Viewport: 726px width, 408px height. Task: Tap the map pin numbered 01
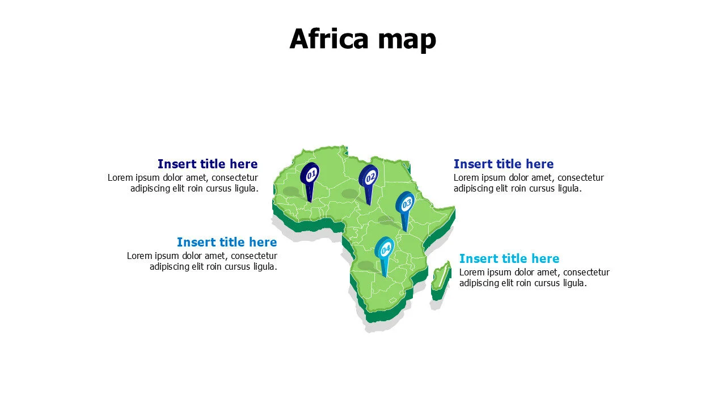tap(310, 175)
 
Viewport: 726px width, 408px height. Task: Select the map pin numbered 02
tap(369, 177)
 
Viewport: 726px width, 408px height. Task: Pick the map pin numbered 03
tap(406, 203)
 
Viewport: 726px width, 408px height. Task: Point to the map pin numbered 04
tap(386, 249)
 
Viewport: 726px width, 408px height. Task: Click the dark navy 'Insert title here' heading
tap(208, 164)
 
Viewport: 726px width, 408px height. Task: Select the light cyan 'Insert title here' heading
tap(509, 259)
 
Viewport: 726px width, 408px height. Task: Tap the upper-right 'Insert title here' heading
tap(503, 164)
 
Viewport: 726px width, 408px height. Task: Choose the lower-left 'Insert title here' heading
tap(227, 243)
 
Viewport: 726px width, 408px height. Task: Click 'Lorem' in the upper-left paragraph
tap(120, 178)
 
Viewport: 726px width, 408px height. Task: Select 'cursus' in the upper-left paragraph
tap(218, 189)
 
